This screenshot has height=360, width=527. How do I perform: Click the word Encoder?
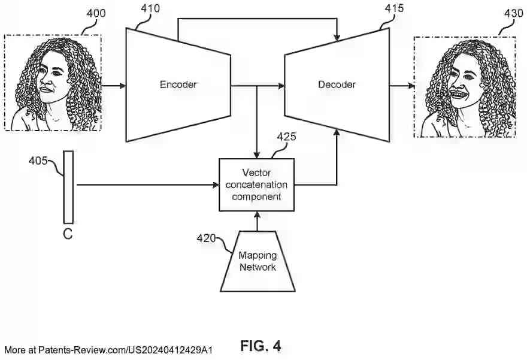pyautogui.click(x=178, y=84)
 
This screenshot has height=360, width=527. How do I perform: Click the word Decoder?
pyautogui.click(x=337, y=84)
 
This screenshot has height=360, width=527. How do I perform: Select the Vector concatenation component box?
pyautogui.click(x=256, y=184)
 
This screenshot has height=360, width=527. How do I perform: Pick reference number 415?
pyautogui.click(x=393, y=8)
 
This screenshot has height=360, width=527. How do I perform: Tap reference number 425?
pyautogui.click(x=286, y=137)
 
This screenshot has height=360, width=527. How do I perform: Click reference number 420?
pyautogui.click(x=207, y=238)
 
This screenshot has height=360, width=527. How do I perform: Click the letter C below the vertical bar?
pyautogui.click(x=68, y=234)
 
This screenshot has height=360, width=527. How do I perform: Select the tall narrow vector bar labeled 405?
pyautogui.click(x=68, y=186)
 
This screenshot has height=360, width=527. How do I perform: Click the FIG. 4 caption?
pyautogui.click(x=261, y=346)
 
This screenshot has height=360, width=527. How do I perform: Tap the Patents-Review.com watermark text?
pyautogui.click(x=108, y=350)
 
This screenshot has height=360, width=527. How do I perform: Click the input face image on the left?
pyautogui.click(x=53, y=82)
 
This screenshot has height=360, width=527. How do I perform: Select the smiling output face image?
pyautogui.click(x=464, y=86)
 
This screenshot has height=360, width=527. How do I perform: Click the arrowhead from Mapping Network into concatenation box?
pyautogui.click(x=257, y=214)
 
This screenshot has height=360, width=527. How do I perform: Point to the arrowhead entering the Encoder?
pyautogui.click(x=122, y=86)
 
